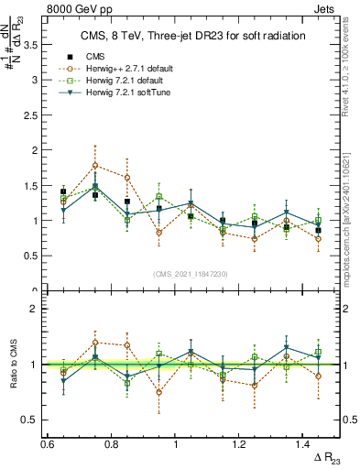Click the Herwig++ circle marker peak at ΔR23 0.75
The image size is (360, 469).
(95, 166)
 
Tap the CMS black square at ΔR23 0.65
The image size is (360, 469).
(63, 191)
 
